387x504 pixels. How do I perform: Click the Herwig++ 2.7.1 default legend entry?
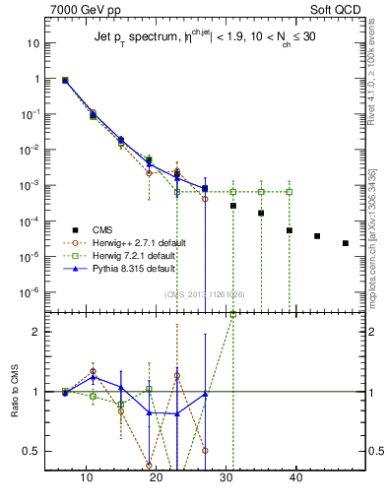tap(138, 241)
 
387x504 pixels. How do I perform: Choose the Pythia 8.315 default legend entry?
tap(136, 269)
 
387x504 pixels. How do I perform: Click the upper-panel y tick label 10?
tap(32, 43)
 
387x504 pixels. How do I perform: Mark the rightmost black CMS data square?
tap(345, 243)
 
